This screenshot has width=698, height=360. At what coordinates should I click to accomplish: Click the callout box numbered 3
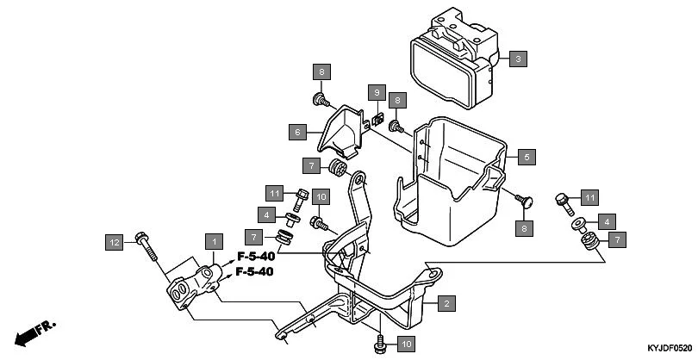point(517,59)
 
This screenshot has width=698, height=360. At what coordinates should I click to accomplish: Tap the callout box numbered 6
point(296,132)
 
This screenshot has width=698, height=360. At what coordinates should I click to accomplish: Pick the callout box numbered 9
point(376,91)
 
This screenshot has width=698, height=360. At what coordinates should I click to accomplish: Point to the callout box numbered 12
point(114,242)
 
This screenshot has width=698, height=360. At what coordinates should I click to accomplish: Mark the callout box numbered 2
point(446,303)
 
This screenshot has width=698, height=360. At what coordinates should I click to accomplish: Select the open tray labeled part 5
point(448,181)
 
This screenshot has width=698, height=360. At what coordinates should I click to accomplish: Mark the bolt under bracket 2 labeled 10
point(379,344)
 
